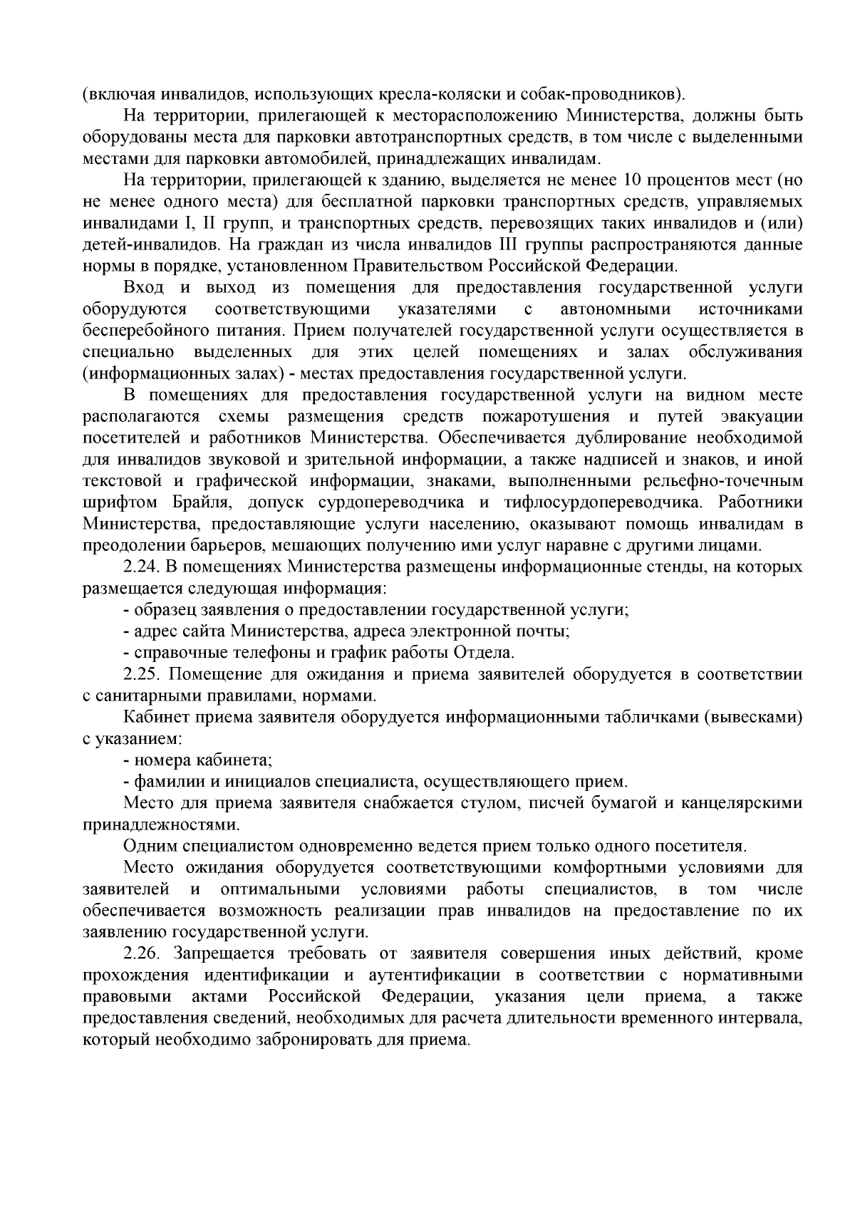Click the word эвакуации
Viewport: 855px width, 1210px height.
coord(762,417)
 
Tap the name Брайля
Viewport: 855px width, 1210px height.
coord(203,503)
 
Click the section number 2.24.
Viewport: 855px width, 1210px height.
coord(142,567)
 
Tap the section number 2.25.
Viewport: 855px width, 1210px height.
coord(142,674)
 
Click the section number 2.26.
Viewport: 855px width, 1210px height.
coord(142,953)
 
